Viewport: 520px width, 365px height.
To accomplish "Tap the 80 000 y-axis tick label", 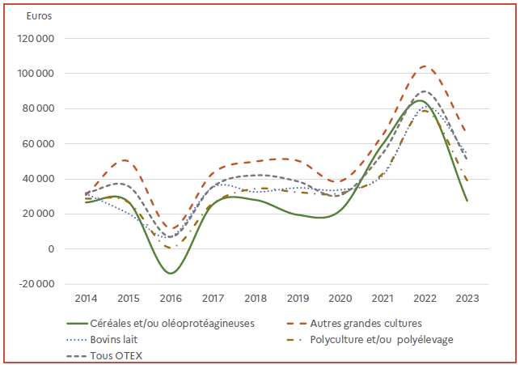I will [40, 108].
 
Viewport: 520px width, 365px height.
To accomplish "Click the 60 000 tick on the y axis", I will [40, 144].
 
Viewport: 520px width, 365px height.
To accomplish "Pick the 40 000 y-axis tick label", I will [40, 179].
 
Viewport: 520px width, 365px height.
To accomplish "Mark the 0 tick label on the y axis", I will [50, 249].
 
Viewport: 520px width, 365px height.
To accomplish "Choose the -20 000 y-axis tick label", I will [39, 284].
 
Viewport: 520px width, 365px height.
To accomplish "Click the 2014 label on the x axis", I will [87, 298].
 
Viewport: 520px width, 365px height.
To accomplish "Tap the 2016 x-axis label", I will [171, 298].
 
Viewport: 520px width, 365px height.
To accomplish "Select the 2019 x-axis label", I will [298, 298].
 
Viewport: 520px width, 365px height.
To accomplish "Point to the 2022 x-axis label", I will [425, 298].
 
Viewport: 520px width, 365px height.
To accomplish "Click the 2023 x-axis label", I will [467, 298].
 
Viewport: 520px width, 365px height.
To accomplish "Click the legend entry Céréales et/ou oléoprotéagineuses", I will [172, 323].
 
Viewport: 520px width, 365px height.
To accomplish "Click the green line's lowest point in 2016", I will [171, 273].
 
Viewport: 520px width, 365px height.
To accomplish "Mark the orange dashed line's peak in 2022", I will [426, 66].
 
